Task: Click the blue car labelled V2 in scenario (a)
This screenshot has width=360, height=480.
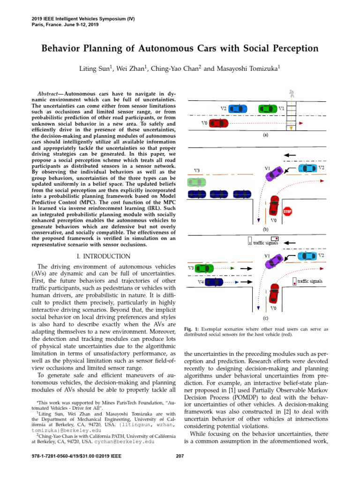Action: pos(239,108)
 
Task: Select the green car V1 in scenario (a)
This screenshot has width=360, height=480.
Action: pos(267,108)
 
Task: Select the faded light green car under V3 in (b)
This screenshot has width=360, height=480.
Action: pos(196,181)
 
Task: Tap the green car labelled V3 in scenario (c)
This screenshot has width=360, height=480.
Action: pos(204,268)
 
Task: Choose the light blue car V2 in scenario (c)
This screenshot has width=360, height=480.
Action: pos(307,256)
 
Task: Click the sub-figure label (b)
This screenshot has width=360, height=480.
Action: pos(265,230)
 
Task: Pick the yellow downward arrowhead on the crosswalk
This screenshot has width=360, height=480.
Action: pos(292,127)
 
